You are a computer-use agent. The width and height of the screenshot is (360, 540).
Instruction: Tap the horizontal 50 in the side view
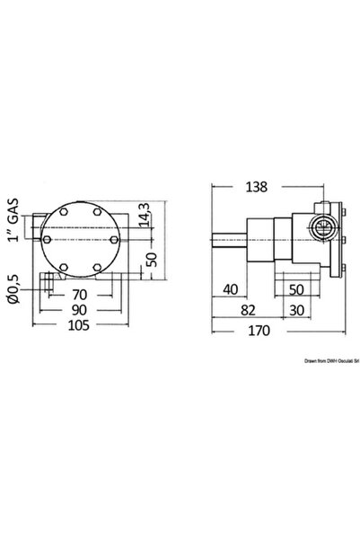tap(299, 289)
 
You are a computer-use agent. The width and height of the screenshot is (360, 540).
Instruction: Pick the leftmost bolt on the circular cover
tap(49, 240)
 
